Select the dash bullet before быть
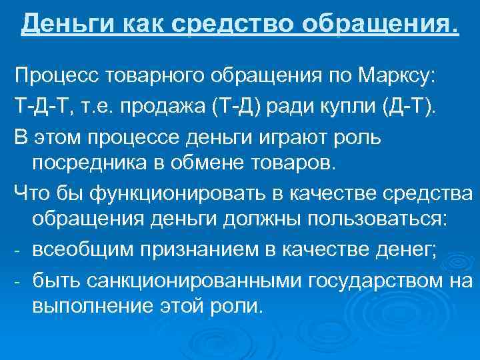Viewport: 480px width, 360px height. click(18, 280)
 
